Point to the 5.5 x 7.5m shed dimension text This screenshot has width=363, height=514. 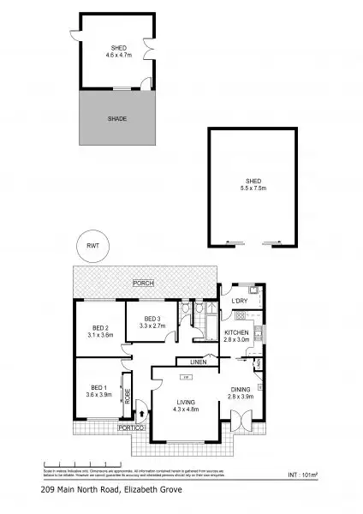252,188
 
